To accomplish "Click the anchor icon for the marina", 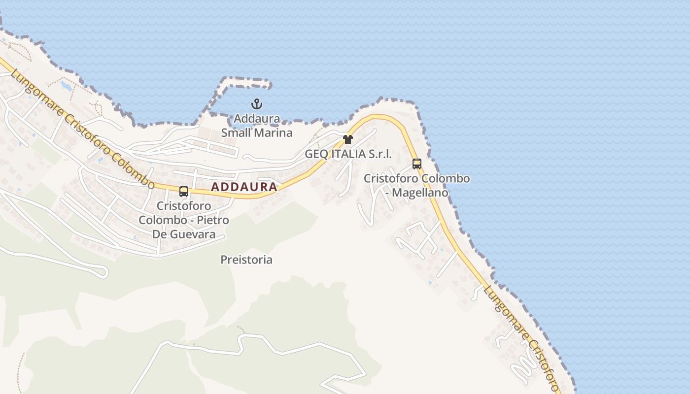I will coord(256,104).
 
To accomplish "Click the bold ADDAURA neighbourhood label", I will coord(244,187).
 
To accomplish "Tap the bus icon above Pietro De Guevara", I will coord(184,192).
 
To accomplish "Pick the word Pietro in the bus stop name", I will coord(213,220).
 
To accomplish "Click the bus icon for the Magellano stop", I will coord(417,164).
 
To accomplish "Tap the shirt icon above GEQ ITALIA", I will coord(348,139).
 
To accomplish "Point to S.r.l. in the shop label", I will coord(381,154).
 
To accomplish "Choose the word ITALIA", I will coord(349,154).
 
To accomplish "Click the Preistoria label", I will coord(246,260).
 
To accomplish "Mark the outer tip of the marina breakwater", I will coord(269,85).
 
